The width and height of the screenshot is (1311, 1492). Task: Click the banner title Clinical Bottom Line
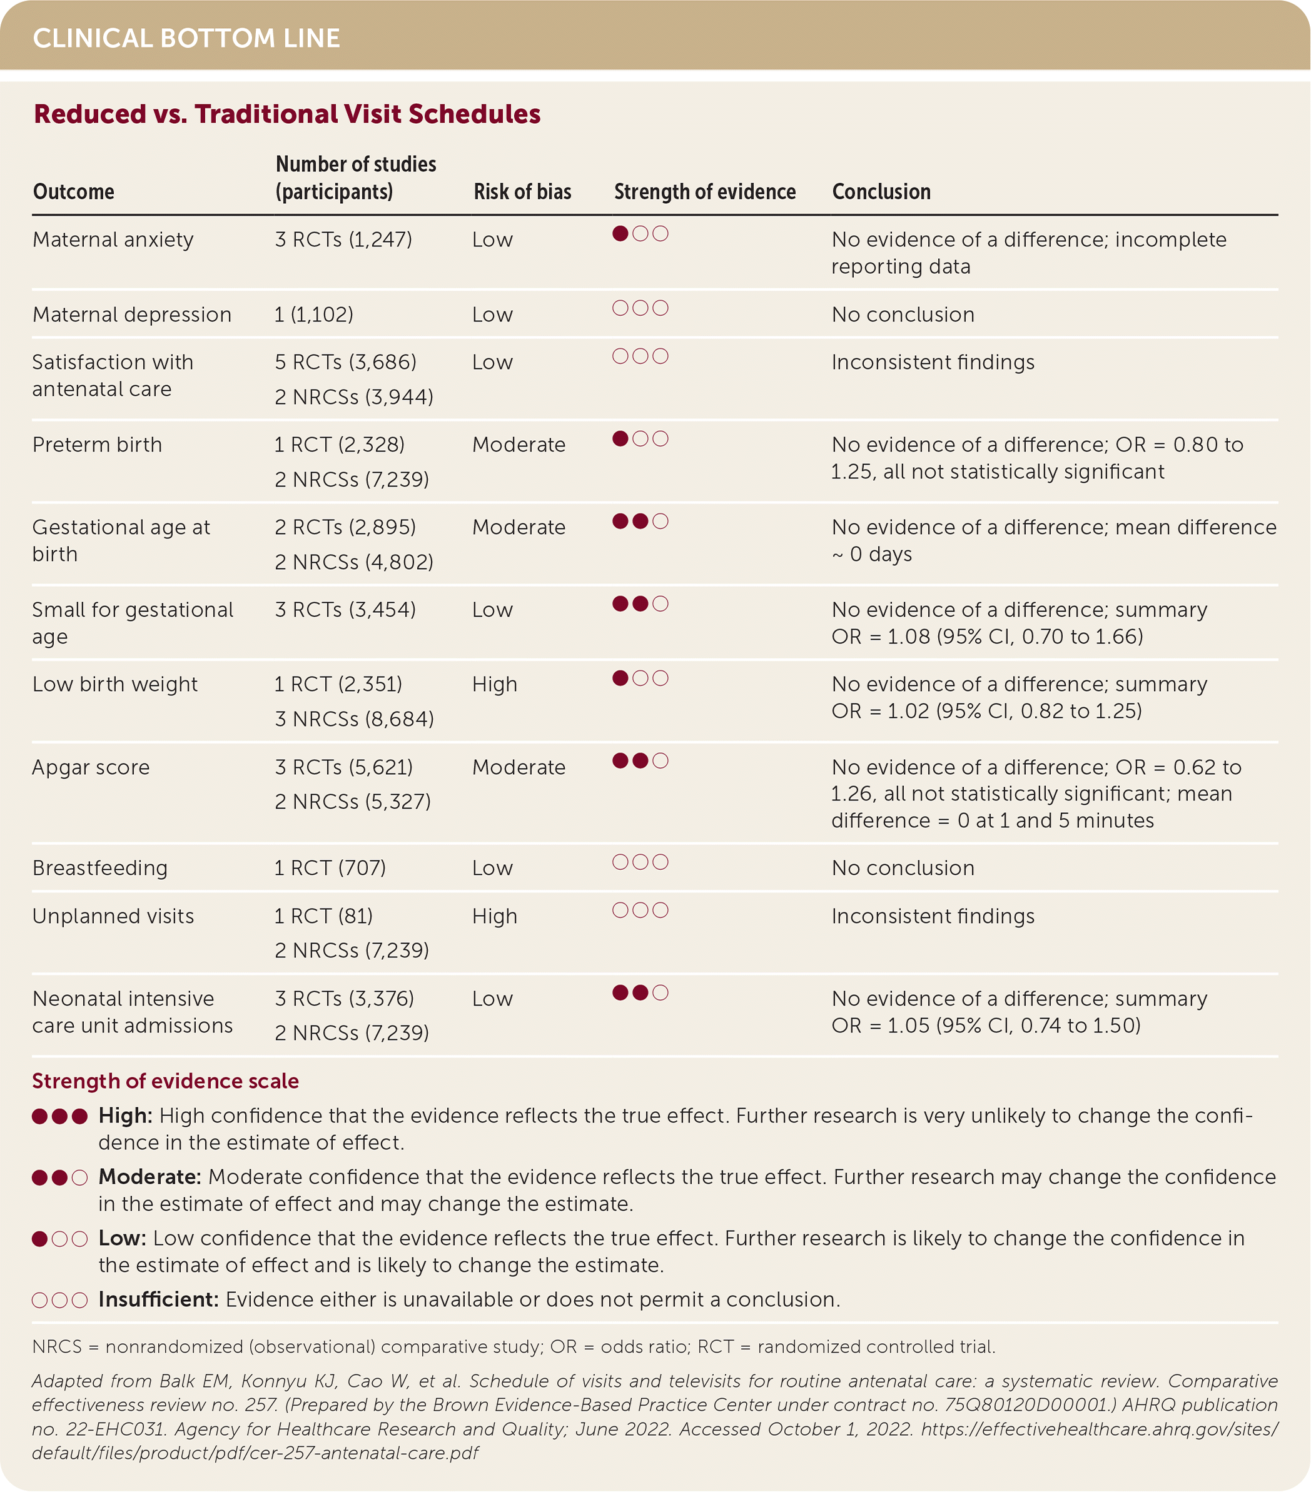coord(186,38)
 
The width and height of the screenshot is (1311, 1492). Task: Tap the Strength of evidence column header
coord(704,191)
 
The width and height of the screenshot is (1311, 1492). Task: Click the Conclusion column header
coord(881,191)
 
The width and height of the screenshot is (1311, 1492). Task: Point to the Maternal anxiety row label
coord(113,239)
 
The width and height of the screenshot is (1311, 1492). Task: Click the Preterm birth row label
coord(97,445)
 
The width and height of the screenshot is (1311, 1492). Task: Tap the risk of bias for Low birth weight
coord(494,684)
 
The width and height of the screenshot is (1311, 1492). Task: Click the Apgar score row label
coord(91,767)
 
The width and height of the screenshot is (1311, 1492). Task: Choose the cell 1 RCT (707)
coord(330,868)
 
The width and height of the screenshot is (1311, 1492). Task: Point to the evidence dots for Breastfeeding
coord(640,862)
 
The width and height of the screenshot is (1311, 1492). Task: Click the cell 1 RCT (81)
coord(323,916)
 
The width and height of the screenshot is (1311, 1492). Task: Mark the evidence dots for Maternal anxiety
coord(640,234)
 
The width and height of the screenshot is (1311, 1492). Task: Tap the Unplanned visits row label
coord(113,916)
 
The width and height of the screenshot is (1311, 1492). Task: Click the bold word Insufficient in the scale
coord(158,1299)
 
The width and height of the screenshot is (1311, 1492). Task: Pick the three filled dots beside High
coord(60,1116)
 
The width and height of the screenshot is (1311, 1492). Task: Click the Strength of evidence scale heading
coord(165,1081)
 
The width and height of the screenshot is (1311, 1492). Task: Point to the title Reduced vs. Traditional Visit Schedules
coord(287,114)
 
